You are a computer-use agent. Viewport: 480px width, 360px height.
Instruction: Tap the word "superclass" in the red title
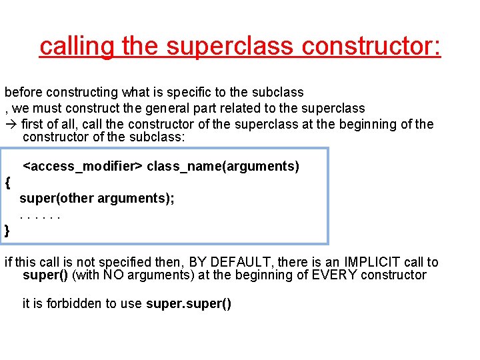coord(230,47)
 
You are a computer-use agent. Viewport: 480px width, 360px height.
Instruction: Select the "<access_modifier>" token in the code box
coord(83,166)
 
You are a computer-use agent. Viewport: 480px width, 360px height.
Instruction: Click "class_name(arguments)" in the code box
coord(223,166)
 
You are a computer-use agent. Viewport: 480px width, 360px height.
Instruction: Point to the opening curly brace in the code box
coord(7,182)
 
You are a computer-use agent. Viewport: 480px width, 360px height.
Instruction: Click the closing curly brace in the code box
coord(7,231)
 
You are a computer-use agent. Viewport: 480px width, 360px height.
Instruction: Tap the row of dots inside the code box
coord(41,216)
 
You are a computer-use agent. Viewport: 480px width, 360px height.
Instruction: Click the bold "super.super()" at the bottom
coord(189,304)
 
